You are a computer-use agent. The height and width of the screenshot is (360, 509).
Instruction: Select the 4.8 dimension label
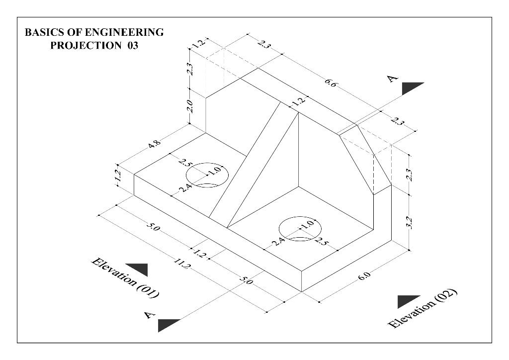(155, 146)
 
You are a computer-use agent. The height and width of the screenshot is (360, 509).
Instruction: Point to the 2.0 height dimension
(189, 105)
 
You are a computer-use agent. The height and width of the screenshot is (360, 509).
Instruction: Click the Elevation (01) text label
(125, 278)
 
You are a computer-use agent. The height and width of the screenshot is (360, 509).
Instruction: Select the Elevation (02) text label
(422, 308)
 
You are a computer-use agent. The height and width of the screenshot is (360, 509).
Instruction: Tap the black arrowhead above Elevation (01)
(137, 269)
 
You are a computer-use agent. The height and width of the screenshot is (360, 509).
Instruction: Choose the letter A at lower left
(148, 315)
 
